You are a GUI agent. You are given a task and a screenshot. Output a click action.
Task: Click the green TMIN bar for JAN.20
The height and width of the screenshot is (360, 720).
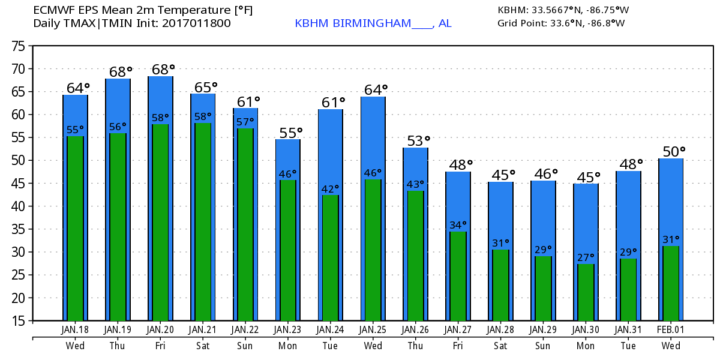[160, 222]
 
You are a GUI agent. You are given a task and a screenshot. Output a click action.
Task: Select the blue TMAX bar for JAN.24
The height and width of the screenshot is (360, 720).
[331, 150]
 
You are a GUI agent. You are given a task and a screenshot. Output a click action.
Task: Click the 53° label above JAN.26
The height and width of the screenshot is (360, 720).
[418, 141]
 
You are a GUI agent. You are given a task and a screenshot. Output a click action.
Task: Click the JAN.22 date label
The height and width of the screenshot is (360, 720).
[245, 331]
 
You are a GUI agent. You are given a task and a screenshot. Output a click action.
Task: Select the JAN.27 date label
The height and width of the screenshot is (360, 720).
[458, 331]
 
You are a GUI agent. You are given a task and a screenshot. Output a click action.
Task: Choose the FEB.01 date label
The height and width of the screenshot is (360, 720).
[671, 331]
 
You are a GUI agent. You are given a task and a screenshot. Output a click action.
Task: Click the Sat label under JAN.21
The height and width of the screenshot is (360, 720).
[203, 346]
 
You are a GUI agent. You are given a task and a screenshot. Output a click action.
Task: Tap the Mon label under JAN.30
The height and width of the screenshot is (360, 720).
[586, 346]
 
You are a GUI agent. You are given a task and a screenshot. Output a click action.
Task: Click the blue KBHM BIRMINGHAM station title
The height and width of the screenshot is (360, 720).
[373, 23]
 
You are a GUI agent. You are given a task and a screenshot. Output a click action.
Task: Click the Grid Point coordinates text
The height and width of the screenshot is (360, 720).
[561, 23]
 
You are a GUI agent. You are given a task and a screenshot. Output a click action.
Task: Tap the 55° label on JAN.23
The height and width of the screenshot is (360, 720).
[288, 132]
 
